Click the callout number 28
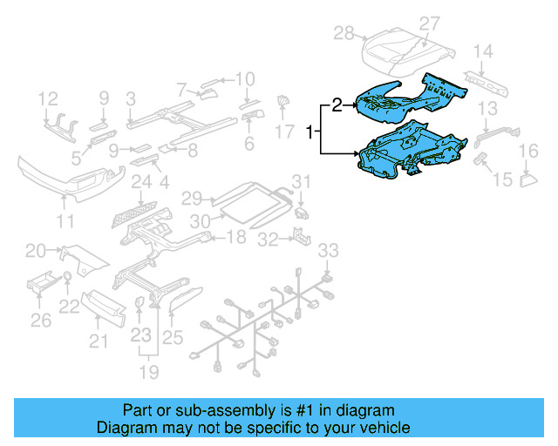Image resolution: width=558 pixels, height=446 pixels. click(x=344, y=33)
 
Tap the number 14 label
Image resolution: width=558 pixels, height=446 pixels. click(x=483, y=51)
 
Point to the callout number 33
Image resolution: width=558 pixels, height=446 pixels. click(x=325, y=251)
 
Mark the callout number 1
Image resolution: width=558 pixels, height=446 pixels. click(x=310, y=132)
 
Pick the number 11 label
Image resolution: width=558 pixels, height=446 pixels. click(x=65, y=222)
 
